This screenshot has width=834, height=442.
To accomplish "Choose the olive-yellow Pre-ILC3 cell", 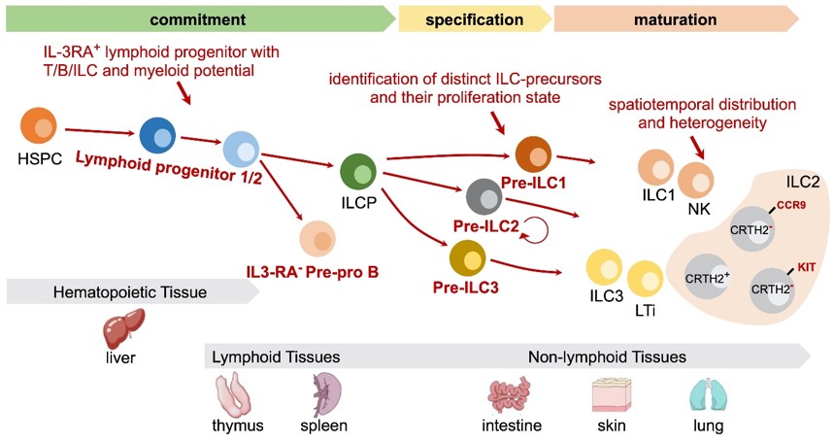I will coord(470,258).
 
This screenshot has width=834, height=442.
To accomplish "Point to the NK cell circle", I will coord(696,181).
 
